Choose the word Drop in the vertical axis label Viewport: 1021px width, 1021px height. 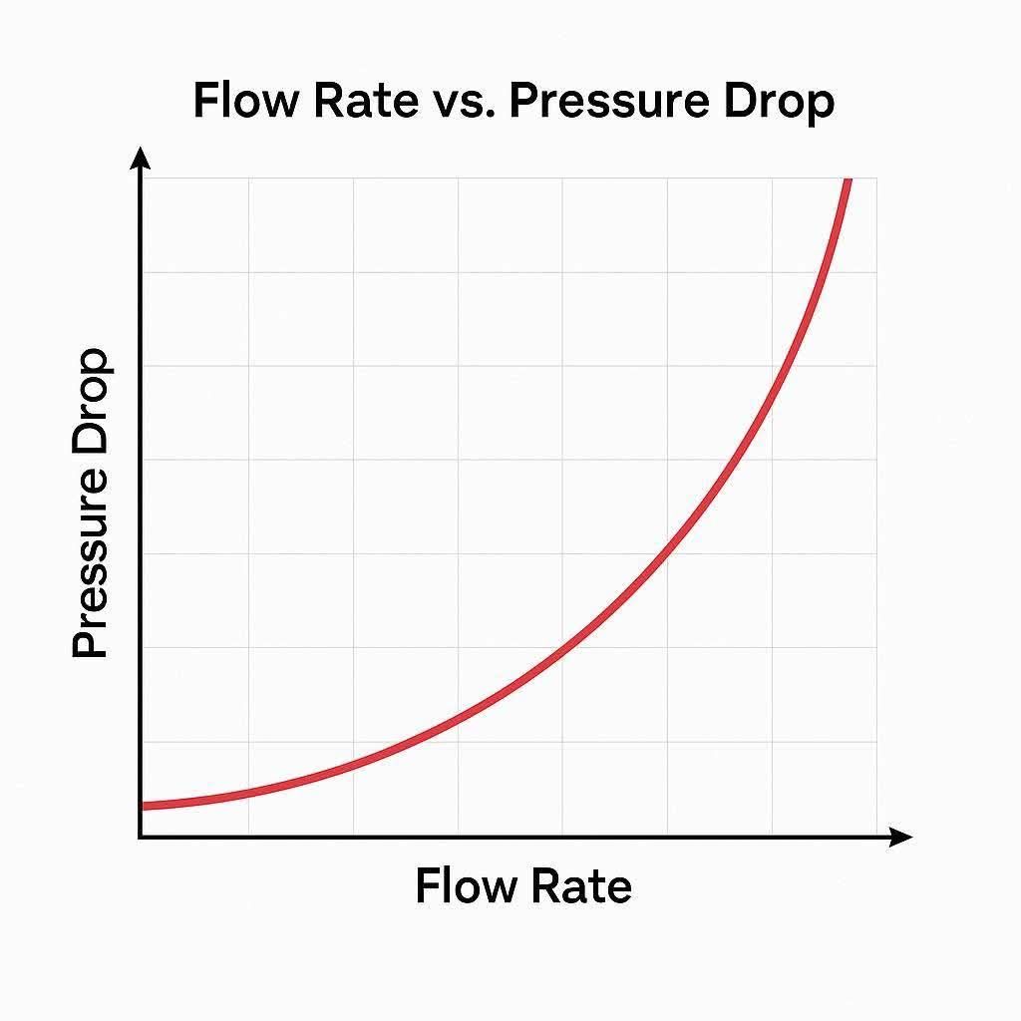coord(91,399)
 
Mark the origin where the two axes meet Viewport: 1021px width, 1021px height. coord(141,837)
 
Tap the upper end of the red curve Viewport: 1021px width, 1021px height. coord(848,181)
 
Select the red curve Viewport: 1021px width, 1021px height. coord(558,649)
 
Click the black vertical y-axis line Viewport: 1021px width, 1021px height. coord(141,499)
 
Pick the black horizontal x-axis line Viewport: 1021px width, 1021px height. coord(499,837)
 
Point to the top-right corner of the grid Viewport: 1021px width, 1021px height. coord(876,178)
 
